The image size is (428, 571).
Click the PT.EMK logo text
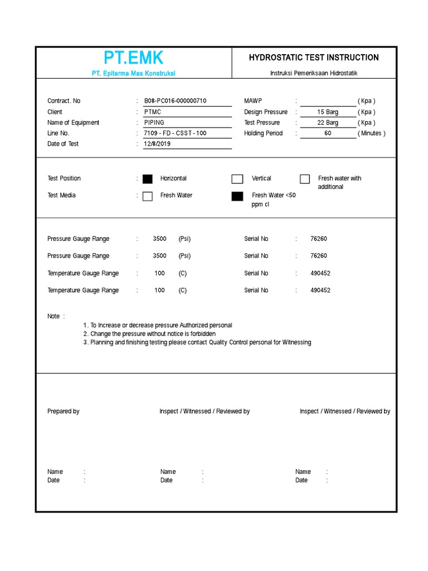133,57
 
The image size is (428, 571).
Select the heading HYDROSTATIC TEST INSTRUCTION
313,57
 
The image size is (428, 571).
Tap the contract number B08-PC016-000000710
175,101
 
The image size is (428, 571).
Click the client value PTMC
152,112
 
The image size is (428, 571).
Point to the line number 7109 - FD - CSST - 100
174,133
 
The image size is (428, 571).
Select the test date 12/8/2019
157,144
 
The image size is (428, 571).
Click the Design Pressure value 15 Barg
328,112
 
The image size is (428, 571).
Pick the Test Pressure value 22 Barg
328,123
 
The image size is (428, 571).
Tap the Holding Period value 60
328,133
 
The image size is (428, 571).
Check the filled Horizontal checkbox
147,179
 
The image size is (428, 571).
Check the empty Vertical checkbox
237,179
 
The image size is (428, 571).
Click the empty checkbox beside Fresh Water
147,196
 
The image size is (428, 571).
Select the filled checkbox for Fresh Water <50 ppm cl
237,196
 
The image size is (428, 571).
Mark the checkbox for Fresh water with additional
305,179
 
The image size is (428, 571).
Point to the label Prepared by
64,412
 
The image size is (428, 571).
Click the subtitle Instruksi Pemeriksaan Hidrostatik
313,74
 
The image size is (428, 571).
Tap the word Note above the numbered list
53,316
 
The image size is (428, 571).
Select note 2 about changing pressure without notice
149,333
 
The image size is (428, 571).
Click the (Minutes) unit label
371,133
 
